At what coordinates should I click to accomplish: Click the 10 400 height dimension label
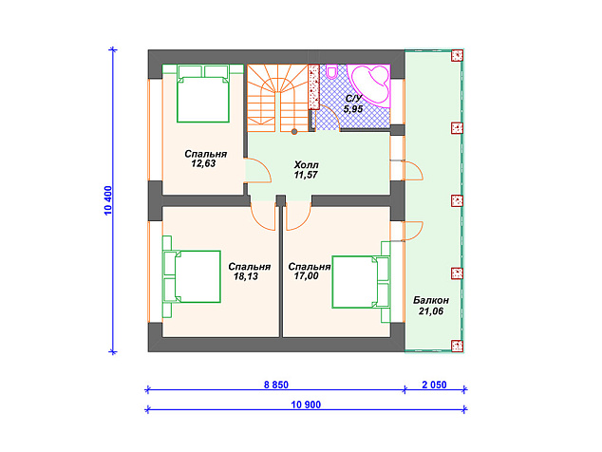(x=108, y=200)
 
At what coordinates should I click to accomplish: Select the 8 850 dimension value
(x=276, y=385)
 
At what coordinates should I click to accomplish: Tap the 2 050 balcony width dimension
(x=434, y=385)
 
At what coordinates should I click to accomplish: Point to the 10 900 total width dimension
(x=306, y=405)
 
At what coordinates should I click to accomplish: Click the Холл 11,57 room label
(x=306, y=170)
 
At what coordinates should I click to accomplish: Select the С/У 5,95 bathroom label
(x=353, y=104)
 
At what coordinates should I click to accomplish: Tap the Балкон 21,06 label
(x=431, y=306)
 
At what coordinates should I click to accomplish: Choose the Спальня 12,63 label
(x=205, y=159)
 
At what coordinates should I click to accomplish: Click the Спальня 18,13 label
(x=249, y=272)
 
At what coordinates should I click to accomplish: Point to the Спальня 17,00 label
(x=309, y=272)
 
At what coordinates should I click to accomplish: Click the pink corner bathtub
(x=369, y=85)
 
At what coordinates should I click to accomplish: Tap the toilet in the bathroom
(x=331, y=70)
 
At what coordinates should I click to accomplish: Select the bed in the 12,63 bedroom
(x=202, y=93)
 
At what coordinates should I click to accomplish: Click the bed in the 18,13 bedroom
(x=192, y=276)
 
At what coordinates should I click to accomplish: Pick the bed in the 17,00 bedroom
(x=361, y=282)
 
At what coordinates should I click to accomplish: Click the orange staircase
(x=277, y=98)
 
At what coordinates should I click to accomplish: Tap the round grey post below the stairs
(x=294, y=132)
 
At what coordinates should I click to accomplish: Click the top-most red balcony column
(x=457, y=56)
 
